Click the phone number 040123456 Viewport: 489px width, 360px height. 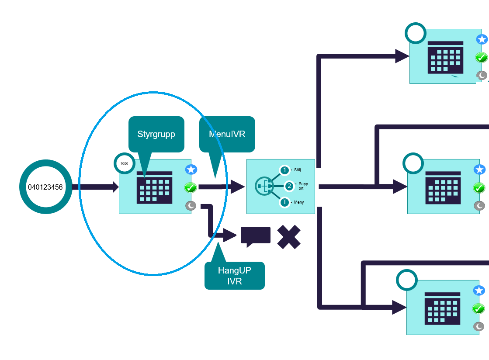tap(45, 187)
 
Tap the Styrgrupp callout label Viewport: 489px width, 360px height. tap(156, 134)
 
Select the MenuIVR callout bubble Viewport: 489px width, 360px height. tap(227, 134)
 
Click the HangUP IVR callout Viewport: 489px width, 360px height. tap(235, 276)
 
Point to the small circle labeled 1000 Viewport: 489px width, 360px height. tap(125, 163)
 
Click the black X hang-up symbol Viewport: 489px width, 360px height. tap(289, 237)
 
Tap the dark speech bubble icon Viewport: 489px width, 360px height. tap(255, 236)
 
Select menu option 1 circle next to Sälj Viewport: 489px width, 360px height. tap(284, 170)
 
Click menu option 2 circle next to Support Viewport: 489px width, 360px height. tap(289, 187)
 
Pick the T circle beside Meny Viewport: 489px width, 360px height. tap(284, 202)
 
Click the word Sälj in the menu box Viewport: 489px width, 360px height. tap(298, 170)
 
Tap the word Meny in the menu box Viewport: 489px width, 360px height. tap(299, 202)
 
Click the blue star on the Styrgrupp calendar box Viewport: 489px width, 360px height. tap(191, 170)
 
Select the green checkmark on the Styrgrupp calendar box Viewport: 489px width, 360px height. tap(191, 187)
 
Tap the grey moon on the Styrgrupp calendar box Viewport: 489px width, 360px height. tap(191, 206)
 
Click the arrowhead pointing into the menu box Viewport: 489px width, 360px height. tap(238, 187)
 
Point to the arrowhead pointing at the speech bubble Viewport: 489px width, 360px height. tap(230, 235)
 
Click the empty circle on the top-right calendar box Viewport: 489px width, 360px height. tap(416, 33)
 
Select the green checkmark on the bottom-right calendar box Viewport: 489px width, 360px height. tap(479, 308)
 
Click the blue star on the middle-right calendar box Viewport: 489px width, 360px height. tap(480, 170)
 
